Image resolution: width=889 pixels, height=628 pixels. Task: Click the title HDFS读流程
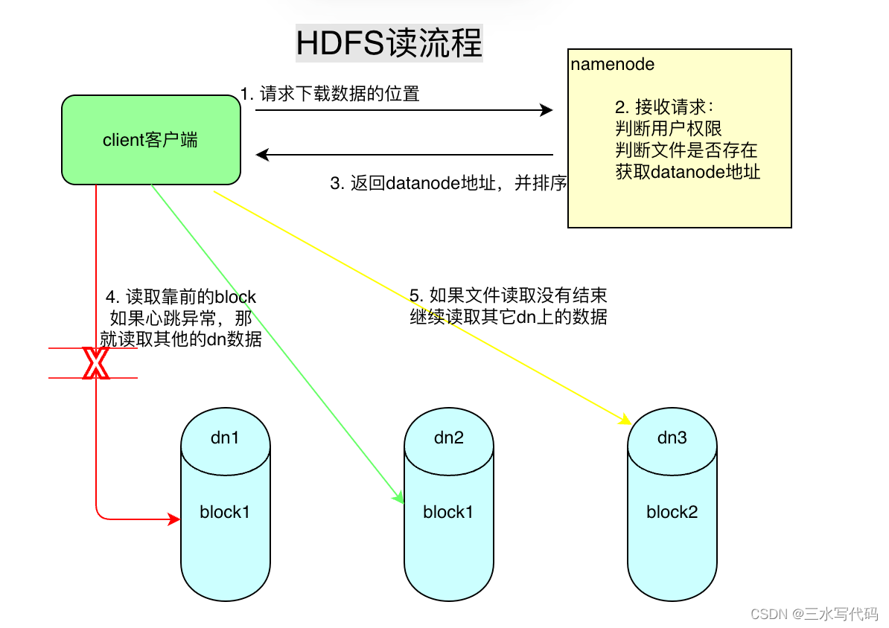click(x=389, y=43)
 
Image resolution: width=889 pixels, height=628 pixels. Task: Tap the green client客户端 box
click(x=150, y=140)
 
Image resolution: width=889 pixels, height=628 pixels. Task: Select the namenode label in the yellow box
click(x=613, y=65)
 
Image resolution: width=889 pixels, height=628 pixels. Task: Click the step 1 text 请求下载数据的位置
click(x=330, y=94)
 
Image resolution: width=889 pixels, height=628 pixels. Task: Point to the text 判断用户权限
click(x=669, y=129)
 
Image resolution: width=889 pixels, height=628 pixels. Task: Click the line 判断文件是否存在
click(x=686, y=151)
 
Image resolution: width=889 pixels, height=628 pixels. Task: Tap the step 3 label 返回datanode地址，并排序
click(x=449, y=184)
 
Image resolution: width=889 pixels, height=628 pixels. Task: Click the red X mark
click(x=95, y=363)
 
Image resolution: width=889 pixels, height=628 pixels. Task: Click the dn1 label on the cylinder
click(x=225, y=438)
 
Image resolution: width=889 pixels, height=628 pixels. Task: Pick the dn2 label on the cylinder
click(x=448, y=438)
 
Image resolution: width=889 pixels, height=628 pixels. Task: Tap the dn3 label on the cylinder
click(x=672, y=438)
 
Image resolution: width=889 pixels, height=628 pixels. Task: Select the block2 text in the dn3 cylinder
click(x=672, y=512)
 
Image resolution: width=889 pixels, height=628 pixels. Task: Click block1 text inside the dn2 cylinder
click(x=448, y=512)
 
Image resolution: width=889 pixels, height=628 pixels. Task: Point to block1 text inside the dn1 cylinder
click(x=225, y=512)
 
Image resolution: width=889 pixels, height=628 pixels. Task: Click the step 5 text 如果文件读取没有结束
click(x=513, y=295)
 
